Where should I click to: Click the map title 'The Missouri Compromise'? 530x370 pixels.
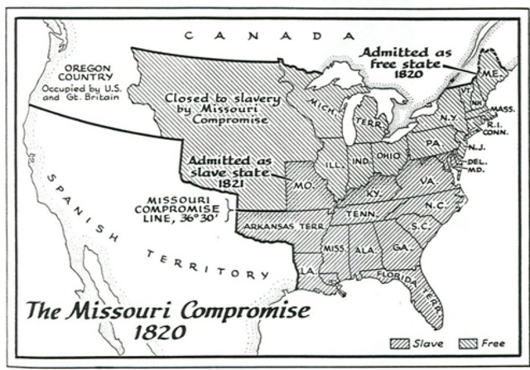(x=169, y=311)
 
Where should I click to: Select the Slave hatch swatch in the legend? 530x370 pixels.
(x=400, y=344)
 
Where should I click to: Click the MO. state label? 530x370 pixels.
(x=304, y=185)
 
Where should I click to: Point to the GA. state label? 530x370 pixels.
(x=400, y=247)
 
